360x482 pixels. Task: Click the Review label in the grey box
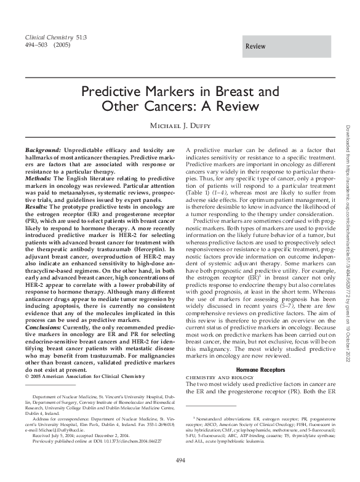click(255, 47)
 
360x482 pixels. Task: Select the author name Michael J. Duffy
click(180, 127)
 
